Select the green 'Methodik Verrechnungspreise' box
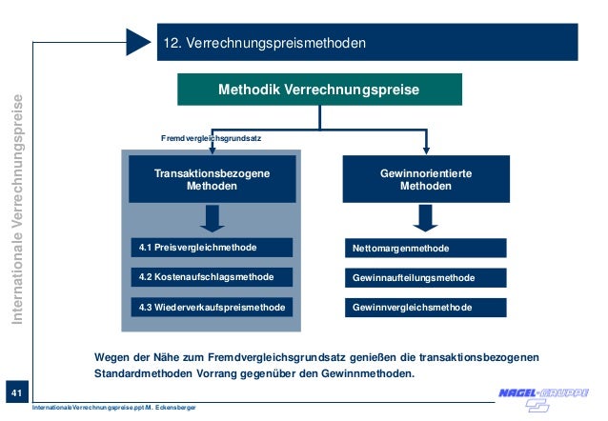click(x=319, y=90)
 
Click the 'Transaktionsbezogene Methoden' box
click(x=213, y=180)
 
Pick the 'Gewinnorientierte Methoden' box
click(x=426, y=180)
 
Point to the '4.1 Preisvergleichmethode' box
click(x=213, y=248)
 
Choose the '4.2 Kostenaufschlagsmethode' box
click(x=213, y=277)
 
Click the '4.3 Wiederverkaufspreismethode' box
click(x=213, y=308)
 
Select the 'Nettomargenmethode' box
click(x=426, y=249)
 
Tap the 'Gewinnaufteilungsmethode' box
click(x=426, y=278)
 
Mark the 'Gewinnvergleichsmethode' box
click(x=426, y=308)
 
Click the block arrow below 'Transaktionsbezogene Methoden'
click(x=213, y=218)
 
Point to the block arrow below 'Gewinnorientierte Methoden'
click(x=426, y=219)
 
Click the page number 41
click(x=15, y=392)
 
